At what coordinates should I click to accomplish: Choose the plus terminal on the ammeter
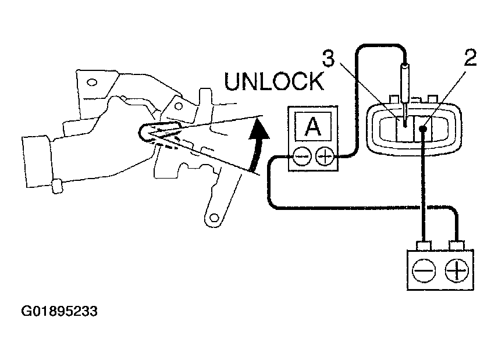(x=324, y=157)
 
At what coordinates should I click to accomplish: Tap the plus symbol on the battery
(x=458, y=271)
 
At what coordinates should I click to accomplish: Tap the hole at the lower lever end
(x=212, y=218)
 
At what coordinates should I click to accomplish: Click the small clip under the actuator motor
(x=56, y=187)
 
